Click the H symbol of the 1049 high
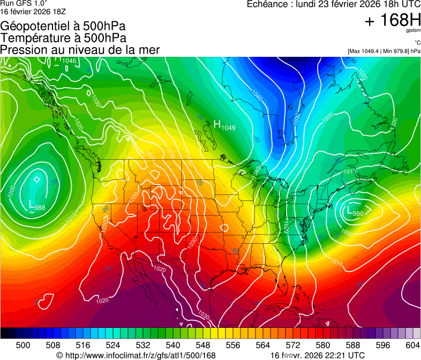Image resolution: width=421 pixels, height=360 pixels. [217, 124]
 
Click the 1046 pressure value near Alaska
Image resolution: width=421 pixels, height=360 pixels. [69, 61]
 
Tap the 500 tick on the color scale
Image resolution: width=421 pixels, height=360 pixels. [23, 346]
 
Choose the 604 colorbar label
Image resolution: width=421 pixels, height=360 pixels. [413, 346]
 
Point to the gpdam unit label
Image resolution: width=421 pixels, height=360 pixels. [412, 32]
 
